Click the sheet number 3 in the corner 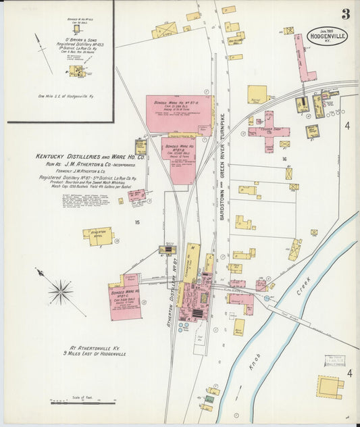coord(345,14)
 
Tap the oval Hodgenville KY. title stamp coord(328,36)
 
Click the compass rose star coord(61,292)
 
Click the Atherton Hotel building coord(97,235)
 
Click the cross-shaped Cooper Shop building coord(269,131)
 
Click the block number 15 coord(137,221)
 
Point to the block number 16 coord(285,159)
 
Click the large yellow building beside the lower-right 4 coord(330,387)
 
